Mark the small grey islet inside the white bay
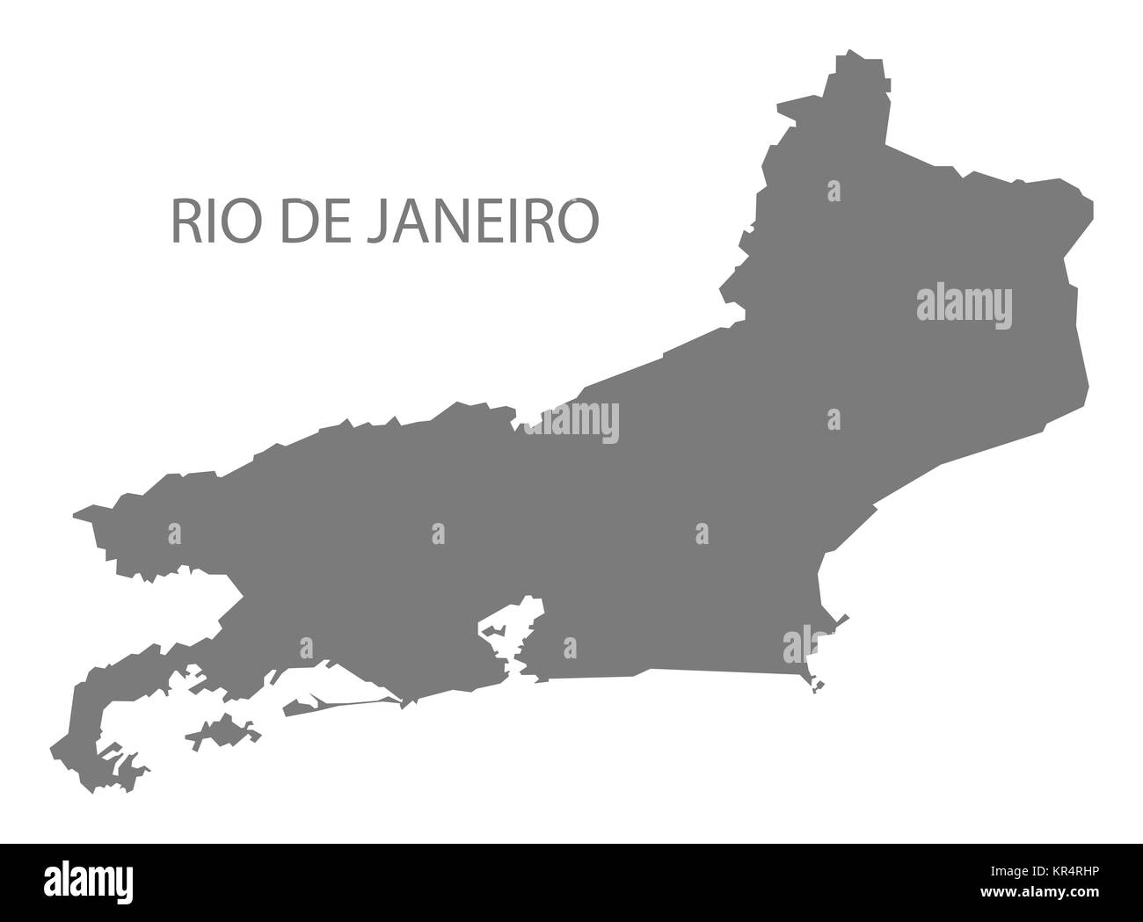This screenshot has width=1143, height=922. (493, 630)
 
